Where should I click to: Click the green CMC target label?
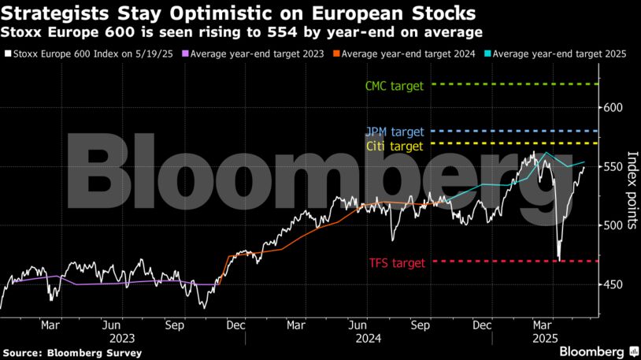pos(395,86)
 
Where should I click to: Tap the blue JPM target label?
pos(395,132)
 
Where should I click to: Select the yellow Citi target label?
pos(395,146)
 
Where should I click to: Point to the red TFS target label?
pos(397,263)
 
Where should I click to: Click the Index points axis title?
pos(632,185)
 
